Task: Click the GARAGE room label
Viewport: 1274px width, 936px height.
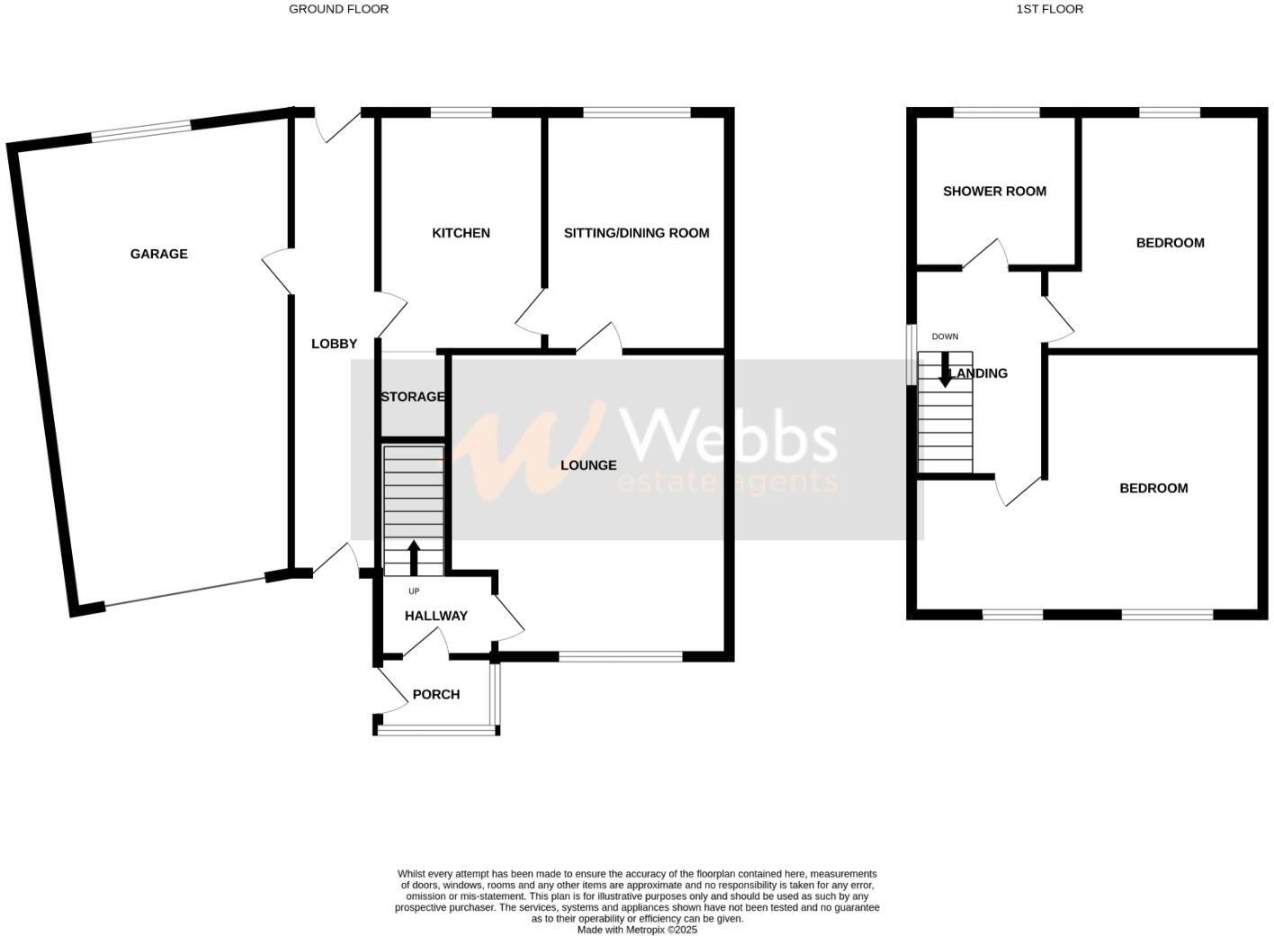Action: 159,254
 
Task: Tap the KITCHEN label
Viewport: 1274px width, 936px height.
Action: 461,233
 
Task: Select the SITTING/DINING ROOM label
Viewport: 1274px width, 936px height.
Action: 636,233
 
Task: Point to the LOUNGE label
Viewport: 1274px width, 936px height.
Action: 588,465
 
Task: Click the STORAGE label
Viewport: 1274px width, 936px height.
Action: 412,397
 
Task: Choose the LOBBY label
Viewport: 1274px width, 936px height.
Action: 334,344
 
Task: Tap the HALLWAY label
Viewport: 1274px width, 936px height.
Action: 436,616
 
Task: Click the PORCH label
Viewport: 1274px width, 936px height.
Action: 435,695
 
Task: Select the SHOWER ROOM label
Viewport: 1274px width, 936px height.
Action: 994,191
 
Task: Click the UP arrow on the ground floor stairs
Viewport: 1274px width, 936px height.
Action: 414,557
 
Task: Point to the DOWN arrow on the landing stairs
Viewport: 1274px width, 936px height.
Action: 945,370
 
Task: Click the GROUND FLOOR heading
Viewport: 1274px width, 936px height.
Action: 338,9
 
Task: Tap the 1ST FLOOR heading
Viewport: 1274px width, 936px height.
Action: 1049,9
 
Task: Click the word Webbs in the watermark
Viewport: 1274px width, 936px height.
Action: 730,436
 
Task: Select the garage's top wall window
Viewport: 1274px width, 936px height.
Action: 141,130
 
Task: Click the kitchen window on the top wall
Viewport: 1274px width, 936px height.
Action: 461,112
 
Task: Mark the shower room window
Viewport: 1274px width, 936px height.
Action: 996,112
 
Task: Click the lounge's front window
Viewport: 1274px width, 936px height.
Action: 621,656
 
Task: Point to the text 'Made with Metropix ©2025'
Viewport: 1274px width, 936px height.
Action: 637,930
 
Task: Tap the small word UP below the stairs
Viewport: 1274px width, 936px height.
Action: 414,591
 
